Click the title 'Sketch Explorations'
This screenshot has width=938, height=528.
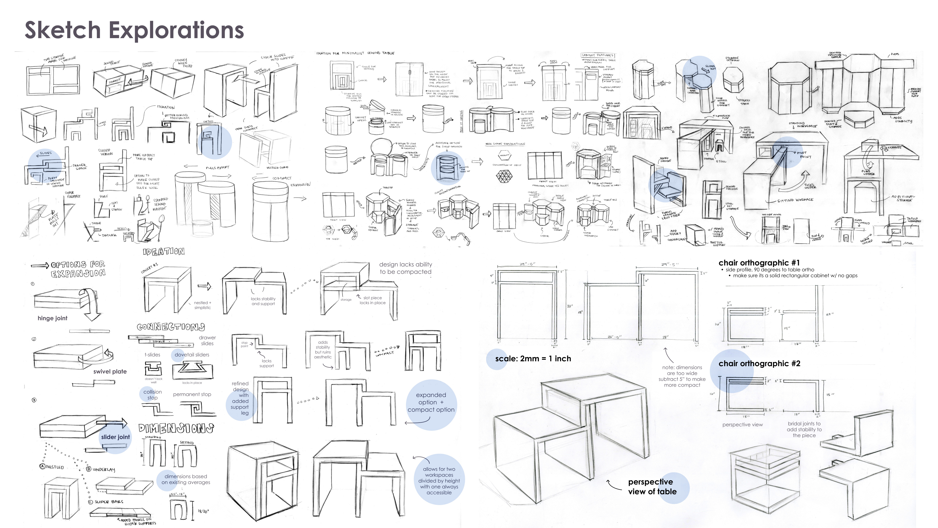pyautogui.click(x=134, y=30)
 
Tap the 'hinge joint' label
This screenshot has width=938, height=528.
pyautogui.click(x=53, y=318)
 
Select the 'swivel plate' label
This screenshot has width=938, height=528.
pyautogui.click(x=110, y=371)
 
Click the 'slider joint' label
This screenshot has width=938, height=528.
pyautogui.click(x=116, y=437)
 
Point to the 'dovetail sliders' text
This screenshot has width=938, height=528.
pyautogui.click(x=192, y=354)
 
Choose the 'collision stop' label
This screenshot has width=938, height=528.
pyautogui.click(x=153, y=395)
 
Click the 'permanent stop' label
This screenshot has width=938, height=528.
pyautogui.click(x=192, y=394)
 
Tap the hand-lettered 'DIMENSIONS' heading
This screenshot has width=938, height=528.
pyautogui.click(x=176, y=428)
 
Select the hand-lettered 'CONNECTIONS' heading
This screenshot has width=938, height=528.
pyautogui.click(x=171, y=327)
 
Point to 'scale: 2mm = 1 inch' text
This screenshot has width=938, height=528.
pyautogui.click(x=533, y=359)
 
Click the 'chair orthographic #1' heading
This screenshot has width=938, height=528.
pyautogui.click(x=759, y=263)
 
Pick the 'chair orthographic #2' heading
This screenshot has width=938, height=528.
pyautogui.click(x=759, y=363)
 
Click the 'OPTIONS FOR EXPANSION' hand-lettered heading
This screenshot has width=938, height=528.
pyautogui.click(x=78, y=269)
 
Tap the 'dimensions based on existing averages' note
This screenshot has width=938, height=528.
pyautogui.click(x=186, y=479)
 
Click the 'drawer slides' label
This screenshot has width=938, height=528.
pyautogui.click(x=207, y=340)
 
